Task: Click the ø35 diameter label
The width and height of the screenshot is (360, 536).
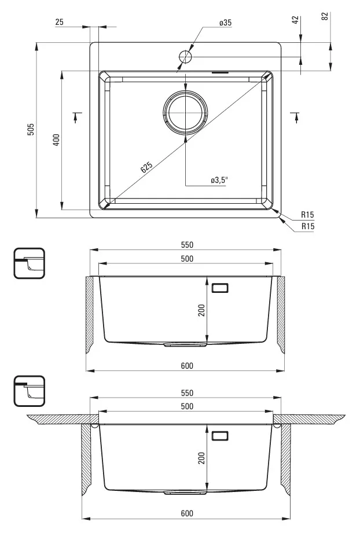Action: point(225,23)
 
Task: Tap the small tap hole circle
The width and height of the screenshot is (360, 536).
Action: point(185,56)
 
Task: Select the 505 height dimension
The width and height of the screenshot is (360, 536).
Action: point(31,129)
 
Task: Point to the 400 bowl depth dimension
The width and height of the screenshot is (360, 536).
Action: point(56,139)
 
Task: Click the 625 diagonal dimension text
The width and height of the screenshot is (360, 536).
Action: point(146,167)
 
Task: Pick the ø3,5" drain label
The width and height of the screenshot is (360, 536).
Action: point(219,180)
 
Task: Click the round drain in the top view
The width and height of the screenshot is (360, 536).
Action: point(185,112)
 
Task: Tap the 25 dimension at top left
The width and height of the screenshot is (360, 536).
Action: point(59,22)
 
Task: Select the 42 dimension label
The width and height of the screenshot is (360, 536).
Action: point(295,20)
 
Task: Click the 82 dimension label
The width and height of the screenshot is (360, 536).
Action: point(325,16)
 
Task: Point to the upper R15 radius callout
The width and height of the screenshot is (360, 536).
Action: point(307,215)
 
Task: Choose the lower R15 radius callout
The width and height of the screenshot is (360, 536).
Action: point(308,226)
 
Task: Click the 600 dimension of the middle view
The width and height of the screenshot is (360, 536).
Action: point(187,366)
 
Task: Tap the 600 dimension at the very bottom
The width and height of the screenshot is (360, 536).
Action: point(187,513)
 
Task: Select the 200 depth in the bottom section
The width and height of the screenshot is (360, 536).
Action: point(201,458)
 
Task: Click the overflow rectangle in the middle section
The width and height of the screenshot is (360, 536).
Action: point(220,288)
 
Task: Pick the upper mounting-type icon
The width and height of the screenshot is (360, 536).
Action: point(30,263)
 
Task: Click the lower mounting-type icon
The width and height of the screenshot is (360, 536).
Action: point(30,391)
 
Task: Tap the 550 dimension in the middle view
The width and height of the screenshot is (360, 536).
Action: point(187,245)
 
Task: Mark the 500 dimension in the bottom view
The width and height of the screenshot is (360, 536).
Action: point(187,406)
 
